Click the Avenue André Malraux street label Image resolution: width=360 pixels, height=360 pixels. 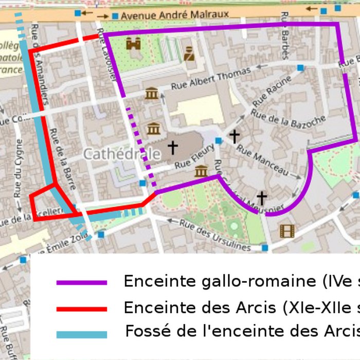pyautogui.click(x=175, y=15)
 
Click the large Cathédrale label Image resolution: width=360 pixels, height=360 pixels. pyautogui.click(x=121, y=153)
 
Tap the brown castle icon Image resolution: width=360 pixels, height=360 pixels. pyautogui.click(x=133, y=43)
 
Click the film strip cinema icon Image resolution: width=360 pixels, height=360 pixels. pyautogui.click(x=286, y=231)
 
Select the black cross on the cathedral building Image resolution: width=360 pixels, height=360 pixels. pyautogui.click(x=172, y=148)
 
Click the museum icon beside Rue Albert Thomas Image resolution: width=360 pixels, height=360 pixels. pyautogui.click(x=151, y=94)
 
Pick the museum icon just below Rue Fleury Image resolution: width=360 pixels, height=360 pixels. pyautogui.click(x=201, y=171)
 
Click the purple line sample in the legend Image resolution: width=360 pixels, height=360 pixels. pyautogui.click(x=82, y=282)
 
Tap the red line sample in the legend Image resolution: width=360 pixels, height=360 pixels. pyautogui.click(x=82, y=309)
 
